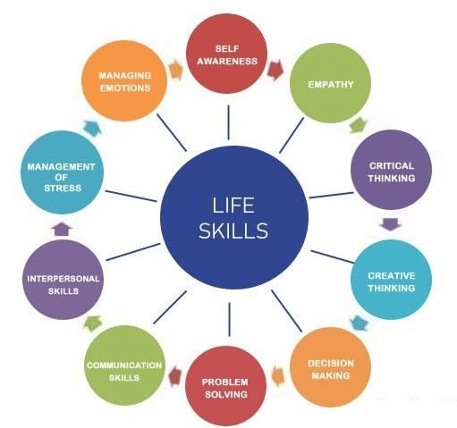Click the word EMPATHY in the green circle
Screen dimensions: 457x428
pyautogui.click(x=331, y=85)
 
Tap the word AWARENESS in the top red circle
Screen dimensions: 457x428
pyautogui.click(x=227, y=62)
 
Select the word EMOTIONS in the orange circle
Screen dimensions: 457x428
pyautogui.click(x=125, y=88)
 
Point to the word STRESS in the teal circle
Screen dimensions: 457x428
pyautogui.click(x=63, y=189)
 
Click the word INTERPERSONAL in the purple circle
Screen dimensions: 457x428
pyautogui.click(x=63, y=279)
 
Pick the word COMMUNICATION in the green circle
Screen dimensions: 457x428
pyautogui.click(x=124, y=365)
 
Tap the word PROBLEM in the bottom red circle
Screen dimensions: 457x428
pyautogui.click(x=225, y=382)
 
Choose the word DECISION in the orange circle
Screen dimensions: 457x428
pyautogui.click(x=331, y=364)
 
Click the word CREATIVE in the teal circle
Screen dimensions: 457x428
pyautogui.click(x=392, y=276)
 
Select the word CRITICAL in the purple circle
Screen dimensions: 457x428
pyautogui.click(x=392, y=166)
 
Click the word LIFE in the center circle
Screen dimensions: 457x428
pyautogui.click(x=233, y=206)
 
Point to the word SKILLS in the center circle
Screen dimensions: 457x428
pyautogui.click(x=233, y=231)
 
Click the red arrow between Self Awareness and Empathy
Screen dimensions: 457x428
pyautogui.click(x=275, y=70)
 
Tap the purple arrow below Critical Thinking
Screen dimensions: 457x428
pyautogui.click(x=390, y=224)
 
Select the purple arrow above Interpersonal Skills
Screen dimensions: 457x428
pyautogui.click(x=62, y=229)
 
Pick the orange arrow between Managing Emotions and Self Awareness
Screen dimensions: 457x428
pyautogui.click(x=175, y=70)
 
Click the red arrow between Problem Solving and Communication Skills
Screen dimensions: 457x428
pyautogui.click(x=175, y=376)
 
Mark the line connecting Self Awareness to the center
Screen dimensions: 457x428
pyautogui.click(x=228, y=122)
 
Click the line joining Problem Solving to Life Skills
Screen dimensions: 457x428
pyautogui.click(x=230, y=319)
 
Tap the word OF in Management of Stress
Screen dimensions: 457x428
pyautogui.click(x=61, y=178)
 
